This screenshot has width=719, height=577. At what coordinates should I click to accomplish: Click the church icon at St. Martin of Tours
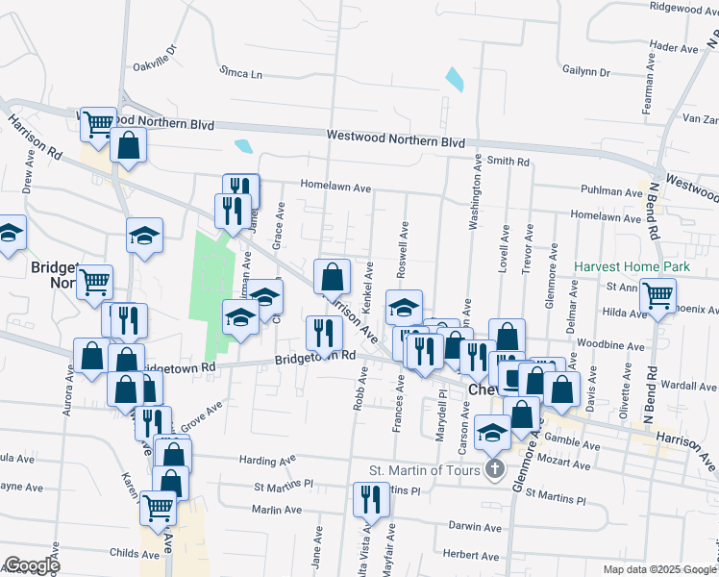coord(494,470)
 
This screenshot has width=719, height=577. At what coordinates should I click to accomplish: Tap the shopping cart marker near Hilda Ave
coord(658,296)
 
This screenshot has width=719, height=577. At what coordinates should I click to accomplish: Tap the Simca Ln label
coord(240,73)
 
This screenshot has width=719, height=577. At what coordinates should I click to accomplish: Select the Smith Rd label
coord(508,162)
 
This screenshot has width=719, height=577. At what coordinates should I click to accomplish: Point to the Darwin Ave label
coord(478,527)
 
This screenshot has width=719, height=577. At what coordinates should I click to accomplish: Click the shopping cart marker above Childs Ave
coord(159,507)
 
